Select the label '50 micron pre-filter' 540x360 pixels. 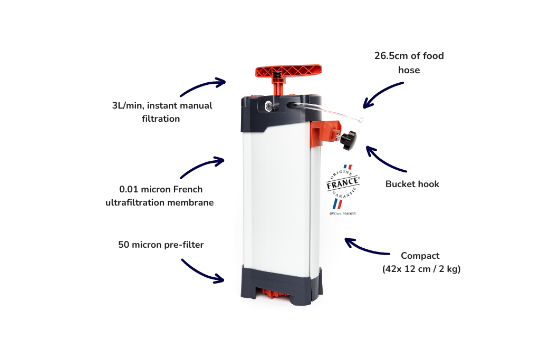click(161, 245)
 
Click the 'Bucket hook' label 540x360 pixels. click(412, 184)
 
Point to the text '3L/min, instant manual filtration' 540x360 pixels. click(161, 112)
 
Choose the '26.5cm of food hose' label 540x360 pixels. click(409, 62)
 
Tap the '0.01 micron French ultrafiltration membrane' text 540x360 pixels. click(160, 196)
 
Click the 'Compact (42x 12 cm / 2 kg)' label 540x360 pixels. click(421, 262)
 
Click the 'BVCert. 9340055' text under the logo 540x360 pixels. click(342, 215)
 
